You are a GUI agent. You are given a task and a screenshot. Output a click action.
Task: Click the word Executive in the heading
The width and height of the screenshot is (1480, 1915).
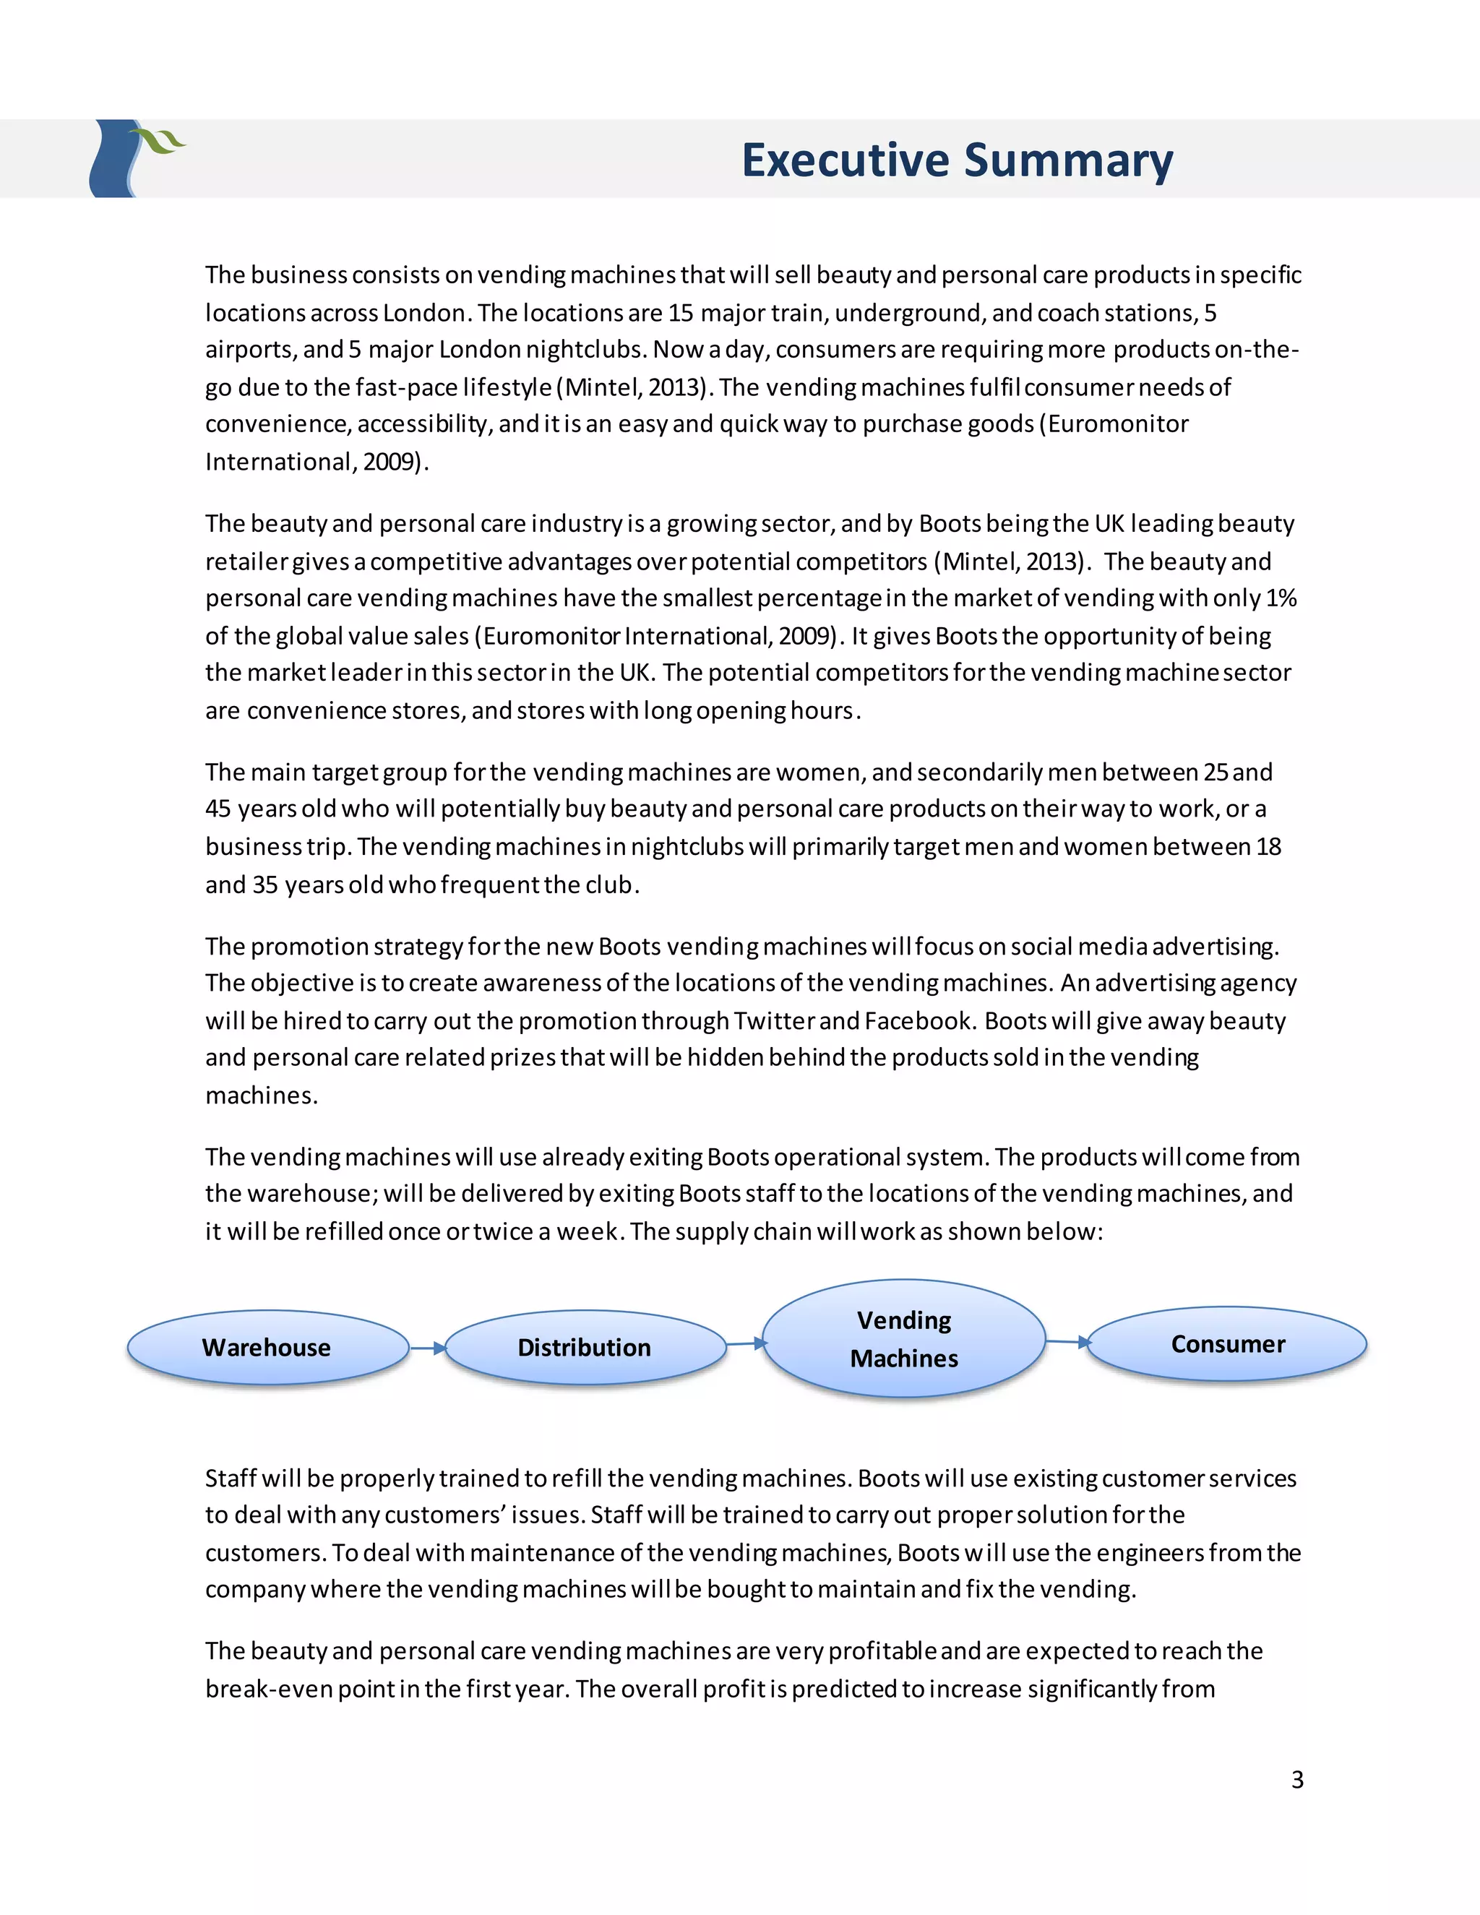coord(846,160)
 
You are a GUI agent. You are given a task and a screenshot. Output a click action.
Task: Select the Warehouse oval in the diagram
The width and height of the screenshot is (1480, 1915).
coord(267,1348)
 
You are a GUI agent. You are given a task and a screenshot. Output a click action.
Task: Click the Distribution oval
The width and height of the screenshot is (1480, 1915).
coord(585,1348)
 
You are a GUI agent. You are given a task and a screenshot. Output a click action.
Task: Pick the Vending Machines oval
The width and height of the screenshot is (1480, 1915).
coord(904,1339)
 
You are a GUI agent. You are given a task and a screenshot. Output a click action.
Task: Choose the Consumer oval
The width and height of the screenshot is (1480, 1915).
coord(1228,1344)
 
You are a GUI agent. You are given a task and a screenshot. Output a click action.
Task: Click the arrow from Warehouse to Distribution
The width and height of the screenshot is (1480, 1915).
coord(428,1348)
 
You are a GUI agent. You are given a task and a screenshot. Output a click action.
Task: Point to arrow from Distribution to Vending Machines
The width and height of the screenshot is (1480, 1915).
coord(746,1343)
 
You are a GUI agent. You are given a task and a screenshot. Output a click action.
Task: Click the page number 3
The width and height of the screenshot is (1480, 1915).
coord(1296,1780)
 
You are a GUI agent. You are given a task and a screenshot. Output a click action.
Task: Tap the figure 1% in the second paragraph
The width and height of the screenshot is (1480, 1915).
coord(1280,598)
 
